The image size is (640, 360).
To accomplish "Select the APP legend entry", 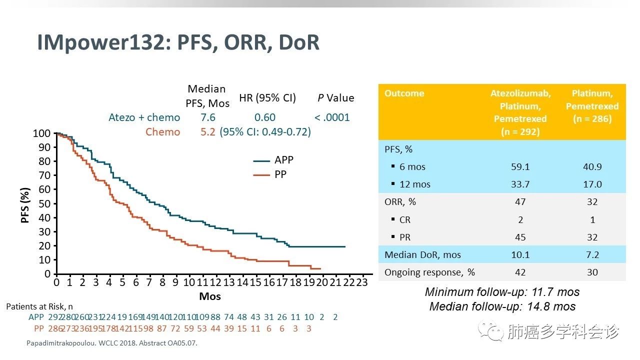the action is [273, 160].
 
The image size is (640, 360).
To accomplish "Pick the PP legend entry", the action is [269, 174].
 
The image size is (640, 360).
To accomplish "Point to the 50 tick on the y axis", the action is [44, 203].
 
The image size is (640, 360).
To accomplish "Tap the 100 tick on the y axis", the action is [41, 133].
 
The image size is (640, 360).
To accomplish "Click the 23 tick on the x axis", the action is [361, 282].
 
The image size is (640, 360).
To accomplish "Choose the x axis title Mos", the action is [210, 296].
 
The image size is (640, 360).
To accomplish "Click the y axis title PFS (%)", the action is [25, 205].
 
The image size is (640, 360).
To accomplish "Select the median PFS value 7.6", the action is [207, 117].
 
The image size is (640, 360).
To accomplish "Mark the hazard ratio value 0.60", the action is [265, 117].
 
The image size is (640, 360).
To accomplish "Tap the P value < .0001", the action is [332, 117].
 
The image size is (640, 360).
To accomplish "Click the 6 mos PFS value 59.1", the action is [520, 166].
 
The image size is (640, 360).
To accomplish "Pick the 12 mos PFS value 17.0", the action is [592, 184].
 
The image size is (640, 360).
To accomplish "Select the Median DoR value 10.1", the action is [520, 254].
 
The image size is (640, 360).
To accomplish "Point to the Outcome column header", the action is [404, 93].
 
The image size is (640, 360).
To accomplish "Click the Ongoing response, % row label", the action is [429, 272].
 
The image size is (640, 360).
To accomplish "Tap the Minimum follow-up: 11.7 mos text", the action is [502, 292].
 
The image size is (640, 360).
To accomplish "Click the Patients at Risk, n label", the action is [39, 306].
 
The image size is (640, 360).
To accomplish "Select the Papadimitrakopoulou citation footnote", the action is [111, 343].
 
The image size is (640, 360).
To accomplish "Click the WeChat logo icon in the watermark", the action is [491, 331].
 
